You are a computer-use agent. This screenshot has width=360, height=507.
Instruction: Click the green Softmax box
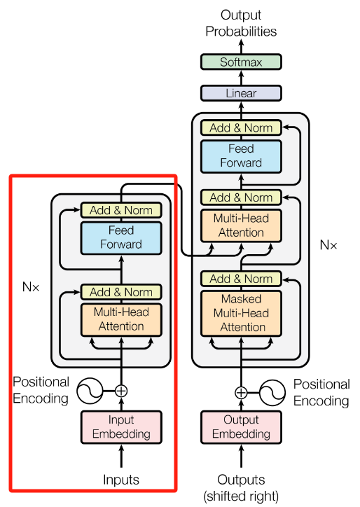(241, 62)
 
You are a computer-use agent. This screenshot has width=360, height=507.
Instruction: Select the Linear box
(241, 93)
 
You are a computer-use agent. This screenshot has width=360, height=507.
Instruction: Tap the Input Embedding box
(121, 426)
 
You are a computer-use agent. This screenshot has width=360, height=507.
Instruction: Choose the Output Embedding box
(241, 426)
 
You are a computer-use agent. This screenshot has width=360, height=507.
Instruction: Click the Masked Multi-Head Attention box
(241, 313)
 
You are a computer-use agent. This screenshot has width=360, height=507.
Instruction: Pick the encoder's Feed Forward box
(121, 237)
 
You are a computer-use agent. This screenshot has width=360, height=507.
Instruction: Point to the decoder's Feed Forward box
(241, 156)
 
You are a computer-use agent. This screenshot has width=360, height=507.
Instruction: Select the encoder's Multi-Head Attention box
(121, 319)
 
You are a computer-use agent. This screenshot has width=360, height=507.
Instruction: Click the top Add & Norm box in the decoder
(241, 127)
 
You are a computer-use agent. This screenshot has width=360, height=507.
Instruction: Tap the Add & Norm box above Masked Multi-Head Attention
(241, 279)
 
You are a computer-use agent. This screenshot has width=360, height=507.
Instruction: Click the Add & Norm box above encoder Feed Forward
(121, 210)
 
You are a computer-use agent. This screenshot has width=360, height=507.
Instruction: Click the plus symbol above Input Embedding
(121, 391)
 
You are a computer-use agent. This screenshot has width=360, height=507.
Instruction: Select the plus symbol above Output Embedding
(241, 393)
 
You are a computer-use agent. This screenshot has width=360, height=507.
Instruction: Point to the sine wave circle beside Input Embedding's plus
(90, 391)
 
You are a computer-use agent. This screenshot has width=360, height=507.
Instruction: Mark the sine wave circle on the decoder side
(272, 393)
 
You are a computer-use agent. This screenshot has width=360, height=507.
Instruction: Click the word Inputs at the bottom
(121, 480)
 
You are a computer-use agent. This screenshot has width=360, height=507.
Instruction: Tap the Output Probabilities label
(241, 23)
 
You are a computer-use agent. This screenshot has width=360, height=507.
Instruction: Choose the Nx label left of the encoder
(31, 287)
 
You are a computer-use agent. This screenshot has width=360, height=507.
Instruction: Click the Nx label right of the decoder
(328, 245)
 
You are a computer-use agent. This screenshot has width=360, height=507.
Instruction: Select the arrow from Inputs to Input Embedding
(121, 456)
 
